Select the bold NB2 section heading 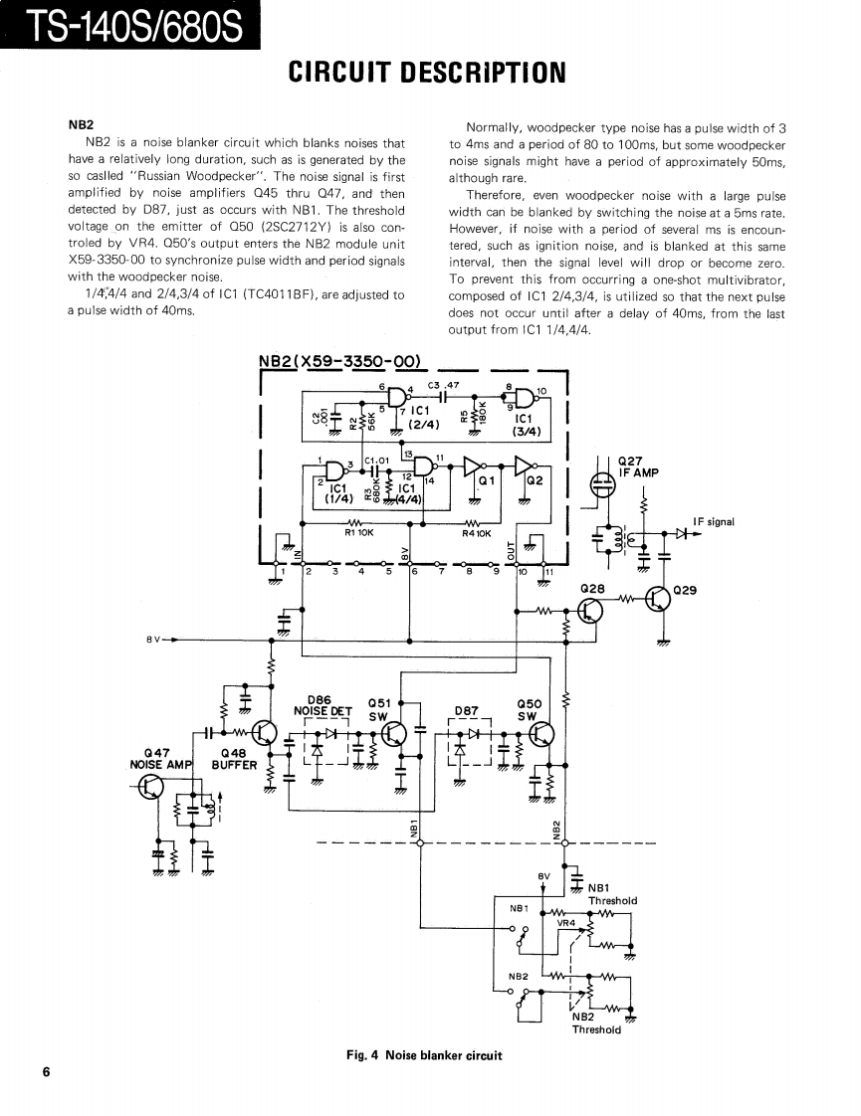point(81,125)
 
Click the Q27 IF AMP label point(638,466)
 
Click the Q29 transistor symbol point(658,600)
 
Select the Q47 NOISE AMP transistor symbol point(148,787)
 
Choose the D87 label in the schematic point(466,710)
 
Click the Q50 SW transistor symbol point(541,734)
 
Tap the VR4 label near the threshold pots point(565,923)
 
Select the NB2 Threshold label point(596,1023)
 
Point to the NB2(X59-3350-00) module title point(339,360)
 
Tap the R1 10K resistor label point(358,533)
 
